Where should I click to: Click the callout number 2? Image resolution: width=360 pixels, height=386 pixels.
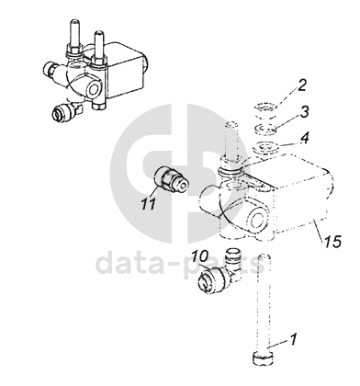click(x=302, y=85)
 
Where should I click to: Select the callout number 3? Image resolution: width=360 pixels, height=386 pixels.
click(x=303, y=112)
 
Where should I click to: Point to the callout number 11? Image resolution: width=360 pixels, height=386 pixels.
click(x=149, y=204)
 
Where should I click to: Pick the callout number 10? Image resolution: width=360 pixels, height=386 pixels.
click(x=200, y=255)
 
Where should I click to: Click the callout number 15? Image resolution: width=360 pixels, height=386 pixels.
click(x=332, y=242)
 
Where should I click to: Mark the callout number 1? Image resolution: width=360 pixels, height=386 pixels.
click(x=293, y=339)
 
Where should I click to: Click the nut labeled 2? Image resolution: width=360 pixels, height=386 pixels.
click(x=264, y=110)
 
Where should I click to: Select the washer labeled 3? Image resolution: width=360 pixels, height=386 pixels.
click(x=265, y=129)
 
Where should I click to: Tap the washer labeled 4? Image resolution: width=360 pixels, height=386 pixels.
click(x=265, y=147)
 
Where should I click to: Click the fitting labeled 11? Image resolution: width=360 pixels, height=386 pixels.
click(x=171, y=179)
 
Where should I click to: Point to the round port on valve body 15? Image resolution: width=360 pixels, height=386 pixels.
click(x=255, y=220)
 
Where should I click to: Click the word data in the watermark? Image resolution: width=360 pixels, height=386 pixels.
click(x=131, y=264)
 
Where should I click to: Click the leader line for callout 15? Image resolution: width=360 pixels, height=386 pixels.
click(x=319, y=232)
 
